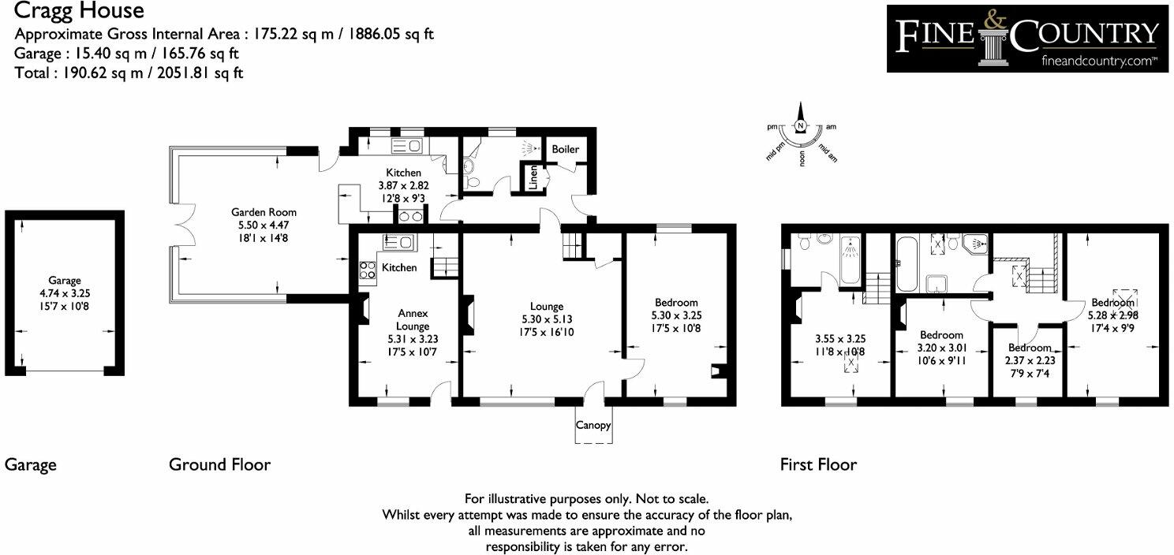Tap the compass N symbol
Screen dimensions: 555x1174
click(801, 126)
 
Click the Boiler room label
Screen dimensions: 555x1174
click(565, 149)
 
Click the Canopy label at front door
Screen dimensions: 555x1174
click(593, 426)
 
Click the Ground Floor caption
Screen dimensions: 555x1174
click(219, 464)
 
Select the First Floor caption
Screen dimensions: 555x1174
click(818, 464)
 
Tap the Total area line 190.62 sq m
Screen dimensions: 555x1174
click(129, 73)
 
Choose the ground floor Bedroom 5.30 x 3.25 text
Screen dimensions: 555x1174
click(676, 315)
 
